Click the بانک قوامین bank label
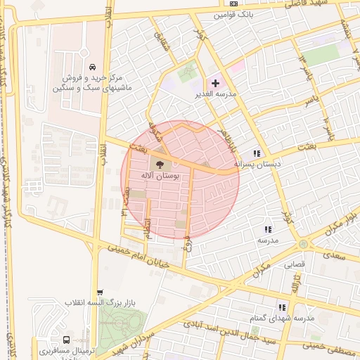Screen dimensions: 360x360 233,14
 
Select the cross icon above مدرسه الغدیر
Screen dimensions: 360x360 215,84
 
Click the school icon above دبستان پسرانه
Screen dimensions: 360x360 257,153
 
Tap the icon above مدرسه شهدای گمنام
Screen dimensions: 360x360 282,307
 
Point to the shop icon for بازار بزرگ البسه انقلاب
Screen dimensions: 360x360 100,292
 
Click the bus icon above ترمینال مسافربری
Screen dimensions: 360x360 65,340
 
